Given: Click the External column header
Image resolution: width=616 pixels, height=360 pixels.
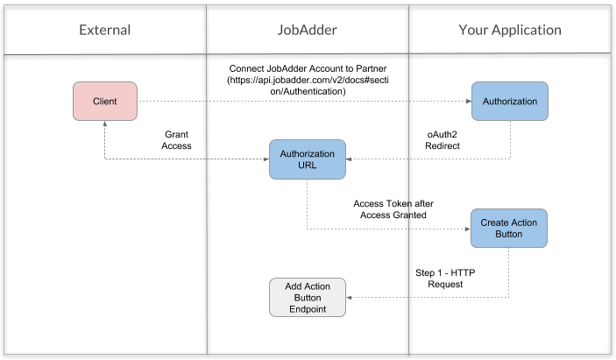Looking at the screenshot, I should pos(104,30).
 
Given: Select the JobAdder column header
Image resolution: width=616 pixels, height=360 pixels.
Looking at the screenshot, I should pos(307,30).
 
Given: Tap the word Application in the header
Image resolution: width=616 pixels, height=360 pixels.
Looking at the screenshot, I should pos(527,30).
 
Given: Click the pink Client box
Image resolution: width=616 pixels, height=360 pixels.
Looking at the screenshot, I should pos(104,102).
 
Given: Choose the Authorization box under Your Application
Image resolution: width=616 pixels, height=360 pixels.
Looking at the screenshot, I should pos(509,102).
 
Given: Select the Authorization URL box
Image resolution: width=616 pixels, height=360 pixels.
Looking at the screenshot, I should pos(307,159).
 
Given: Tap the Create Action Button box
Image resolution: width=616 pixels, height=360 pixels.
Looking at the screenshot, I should pos(509,229).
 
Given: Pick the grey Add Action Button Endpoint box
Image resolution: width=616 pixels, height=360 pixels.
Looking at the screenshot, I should pos(307,297).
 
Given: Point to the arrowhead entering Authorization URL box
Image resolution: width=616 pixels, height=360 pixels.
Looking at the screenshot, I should pos(350,159).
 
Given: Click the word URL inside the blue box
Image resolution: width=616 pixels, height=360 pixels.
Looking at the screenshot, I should pos(307,166).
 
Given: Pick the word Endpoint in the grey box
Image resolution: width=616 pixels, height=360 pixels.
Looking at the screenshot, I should pos(307,308).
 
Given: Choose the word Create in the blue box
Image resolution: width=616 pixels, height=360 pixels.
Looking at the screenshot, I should pos(495,222).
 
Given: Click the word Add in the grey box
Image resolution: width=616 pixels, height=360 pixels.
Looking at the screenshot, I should pos(294,286).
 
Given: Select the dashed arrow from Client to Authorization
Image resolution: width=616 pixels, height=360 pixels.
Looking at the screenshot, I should pos(298,102).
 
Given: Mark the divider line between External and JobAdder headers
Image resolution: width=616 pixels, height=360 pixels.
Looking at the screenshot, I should pos(207,30).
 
